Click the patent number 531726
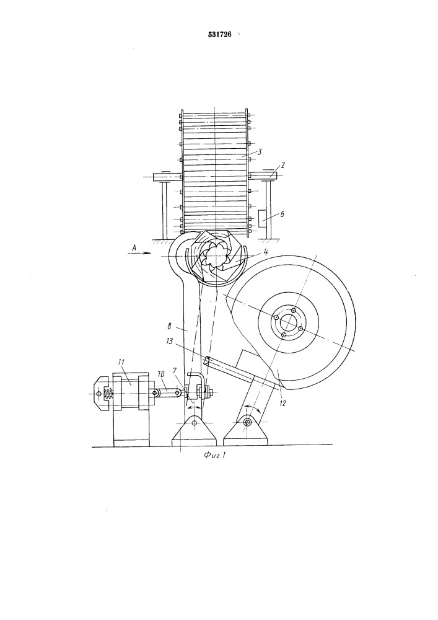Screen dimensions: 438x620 [219, 35]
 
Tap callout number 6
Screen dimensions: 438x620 [282, 214]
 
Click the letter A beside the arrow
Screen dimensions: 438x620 [134, 247]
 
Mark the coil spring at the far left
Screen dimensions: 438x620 [107, 394]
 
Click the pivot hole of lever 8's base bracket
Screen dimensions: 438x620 [194, 423]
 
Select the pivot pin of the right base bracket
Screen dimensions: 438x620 [247, 423]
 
